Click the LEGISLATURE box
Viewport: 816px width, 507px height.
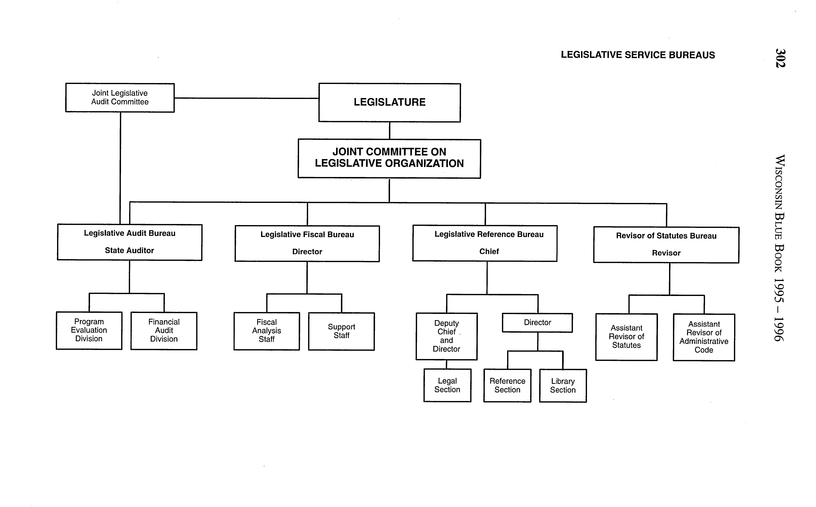pyautogui.click(x=390, y=102)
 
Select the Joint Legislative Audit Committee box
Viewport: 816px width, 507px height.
pyautogui.click(x=120, y=98)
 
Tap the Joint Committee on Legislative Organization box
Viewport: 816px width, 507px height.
pyautogui.click(x=389, y=158)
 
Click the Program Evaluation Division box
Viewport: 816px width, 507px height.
pyautogui.click(x=89, y=331)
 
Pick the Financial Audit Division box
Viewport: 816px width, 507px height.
pyautogui.click(x=164, y=331)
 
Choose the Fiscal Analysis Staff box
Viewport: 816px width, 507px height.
pyautogui.click(x=267, y=331)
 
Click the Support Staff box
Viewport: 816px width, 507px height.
pyautogui.click(x=342, y=331)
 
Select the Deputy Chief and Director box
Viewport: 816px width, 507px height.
pyautogui.click(x=447, y=336)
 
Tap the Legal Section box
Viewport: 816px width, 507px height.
pyautogui.click(x=447, y=385)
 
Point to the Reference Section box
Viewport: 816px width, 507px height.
pyautogui.click(x=507, y=386)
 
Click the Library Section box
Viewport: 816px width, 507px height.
pyautogui.click(x=563, y=386)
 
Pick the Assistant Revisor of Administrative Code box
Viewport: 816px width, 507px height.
pyautogui.click(x=704, y=337)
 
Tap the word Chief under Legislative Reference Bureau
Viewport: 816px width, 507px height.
pyautogui.click(x=489, y=251)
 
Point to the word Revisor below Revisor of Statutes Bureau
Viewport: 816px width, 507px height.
pyautogui.click(x=666, y=253)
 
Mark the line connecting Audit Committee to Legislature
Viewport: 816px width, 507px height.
pyautogui.click(x=246, y=98)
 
